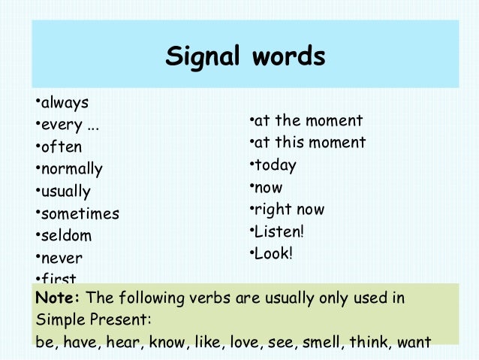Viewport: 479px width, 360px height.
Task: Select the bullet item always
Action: click(64, 102)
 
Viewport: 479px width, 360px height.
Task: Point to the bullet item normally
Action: click(71, 169)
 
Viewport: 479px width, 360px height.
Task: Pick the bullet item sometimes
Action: click(80, 213)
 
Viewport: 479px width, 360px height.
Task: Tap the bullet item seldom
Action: click(66, 235)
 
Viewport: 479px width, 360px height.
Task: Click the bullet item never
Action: click(62, 258)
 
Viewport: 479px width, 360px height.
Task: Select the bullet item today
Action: click(276, 165)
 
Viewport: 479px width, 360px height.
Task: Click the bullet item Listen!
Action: click(279, 231)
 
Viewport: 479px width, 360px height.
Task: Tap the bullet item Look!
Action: click(273, 253)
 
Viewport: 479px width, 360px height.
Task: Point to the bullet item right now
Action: click(289, 210)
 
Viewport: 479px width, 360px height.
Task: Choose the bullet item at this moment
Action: click(309, 143)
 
